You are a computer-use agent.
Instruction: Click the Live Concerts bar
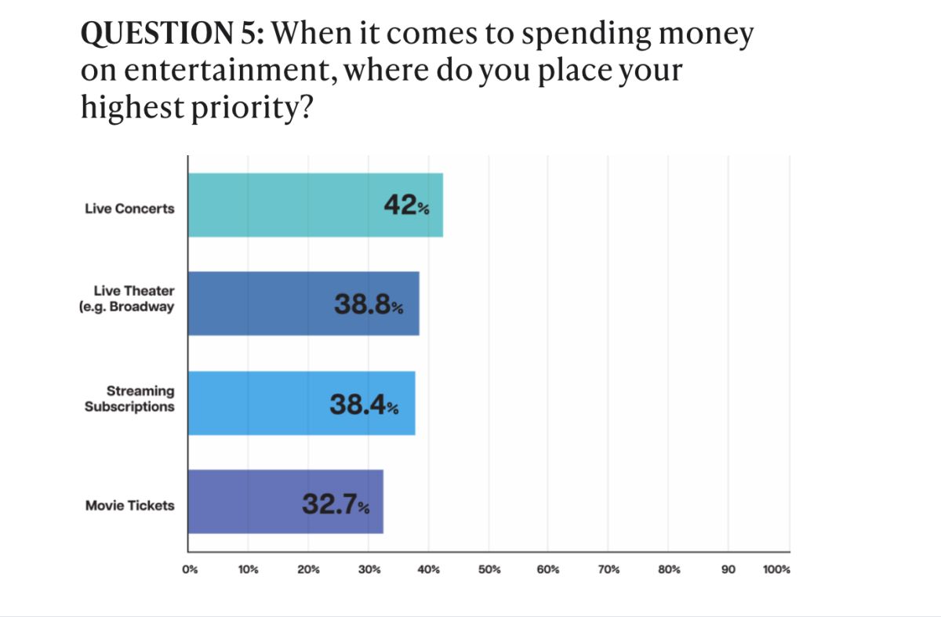click(314, 205)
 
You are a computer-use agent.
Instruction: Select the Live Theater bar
click(303, 303)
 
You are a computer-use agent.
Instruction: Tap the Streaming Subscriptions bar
click(301, 403)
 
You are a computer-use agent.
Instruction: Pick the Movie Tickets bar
click(285, 502)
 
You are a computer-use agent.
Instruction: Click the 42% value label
click(406, 205)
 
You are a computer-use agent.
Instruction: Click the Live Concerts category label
click(129, 209)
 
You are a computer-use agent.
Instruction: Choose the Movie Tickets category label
click(129, 506)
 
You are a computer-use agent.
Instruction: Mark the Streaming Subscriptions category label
click(129, 399)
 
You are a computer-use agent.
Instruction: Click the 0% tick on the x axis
click(189, 570)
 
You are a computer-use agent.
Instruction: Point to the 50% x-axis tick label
click(489, 570)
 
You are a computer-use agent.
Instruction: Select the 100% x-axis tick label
click(776, 570)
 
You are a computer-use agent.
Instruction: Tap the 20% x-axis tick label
click(308, 570)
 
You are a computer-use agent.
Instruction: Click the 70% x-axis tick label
click(609, 570)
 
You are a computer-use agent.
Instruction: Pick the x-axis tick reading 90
click(728, 570)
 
